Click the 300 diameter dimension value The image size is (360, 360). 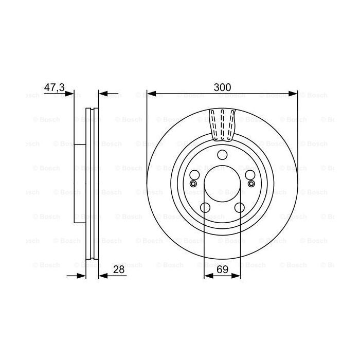click(222, 87)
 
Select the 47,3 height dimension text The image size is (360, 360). click(54, 88)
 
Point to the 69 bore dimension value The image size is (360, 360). click(222, 269)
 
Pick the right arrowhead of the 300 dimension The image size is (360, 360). click(294, 94)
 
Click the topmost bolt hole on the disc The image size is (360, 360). click(222, 155)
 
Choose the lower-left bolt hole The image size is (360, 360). click(205, 207)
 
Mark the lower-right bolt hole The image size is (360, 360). click(240, 207)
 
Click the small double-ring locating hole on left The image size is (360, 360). click(193, 184)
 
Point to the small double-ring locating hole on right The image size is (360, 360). click(251, 184)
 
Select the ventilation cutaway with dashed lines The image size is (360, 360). click(222, 124)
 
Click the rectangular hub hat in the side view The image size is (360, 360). click(79, 184)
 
